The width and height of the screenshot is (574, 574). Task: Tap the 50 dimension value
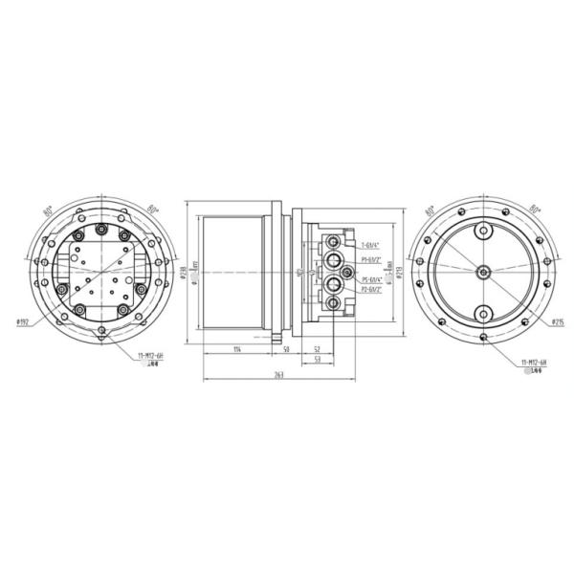click(x=286, y=350)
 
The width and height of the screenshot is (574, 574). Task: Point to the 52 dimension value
click(x=317, y=350)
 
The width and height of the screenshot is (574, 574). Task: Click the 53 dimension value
click(x=317, y=362)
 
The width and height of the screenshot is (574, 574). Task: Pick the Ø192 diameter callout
click(x=25, y=321)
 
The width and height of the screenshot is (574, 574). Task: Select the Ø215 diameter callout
click(x=558, y=322)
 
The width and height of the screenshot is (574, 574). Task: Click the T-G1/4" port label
click(x=370, y=245)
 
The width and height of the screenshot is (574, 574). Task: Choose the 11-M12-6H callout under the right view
click(x=533, y=364)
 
